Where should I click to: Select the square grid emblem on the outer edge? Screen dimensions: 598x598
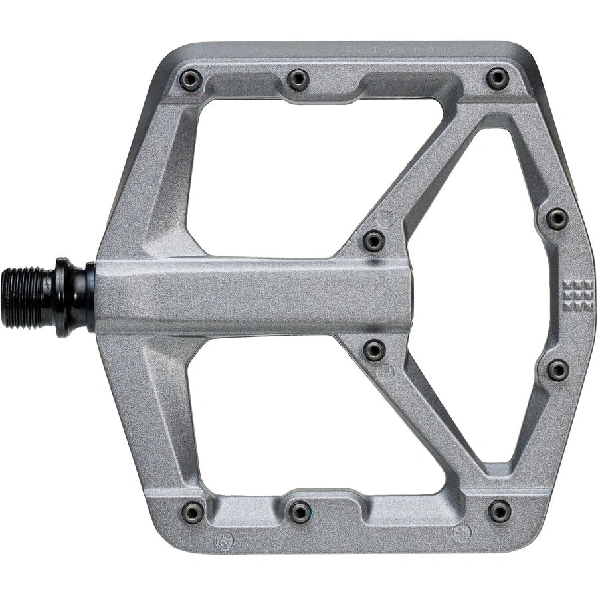578,295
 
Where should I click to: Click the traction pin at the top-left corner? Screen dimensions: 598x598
191,80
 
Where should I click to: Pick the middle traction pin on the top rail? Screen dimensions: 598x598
298,80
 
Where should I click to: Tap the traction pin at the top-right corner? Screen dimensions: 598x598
498,78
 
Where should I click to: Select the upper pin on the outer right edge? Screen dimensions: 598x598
557,218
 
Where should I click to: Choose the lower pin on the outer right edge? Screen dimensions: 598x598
557,370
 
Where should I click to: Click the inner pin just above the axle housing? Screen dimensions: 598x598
374,241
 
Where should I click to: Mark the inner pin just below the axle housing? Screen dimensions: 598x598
375,350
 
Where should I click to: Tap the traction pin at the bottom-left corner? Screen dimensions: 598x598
193,512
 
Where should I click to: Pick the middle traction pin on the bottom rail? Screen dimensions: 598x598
300,511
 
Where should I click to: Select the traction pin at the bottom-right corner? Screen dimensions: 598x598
500,511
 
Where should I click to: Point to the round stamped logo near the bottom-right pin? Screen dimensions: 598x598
462,533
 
